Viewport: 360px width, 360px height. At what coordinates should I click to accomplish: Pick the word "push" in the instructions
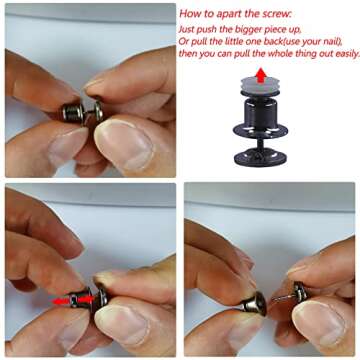[205, 29]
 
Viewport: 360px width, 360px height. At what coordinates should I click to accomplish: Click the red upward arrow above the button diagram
[261, 75]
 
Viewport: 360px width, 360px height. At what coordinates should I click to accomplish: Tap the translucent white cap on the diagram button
[261, 87]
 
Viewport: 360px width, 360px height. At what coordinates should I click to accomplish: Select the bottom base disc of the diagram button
[260, 158]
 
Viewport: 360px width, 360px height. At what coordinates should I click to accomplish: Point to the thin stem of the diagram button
[260, 144]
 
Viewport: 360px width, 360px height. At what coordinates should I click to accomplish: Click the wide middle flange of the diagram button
[260, 130]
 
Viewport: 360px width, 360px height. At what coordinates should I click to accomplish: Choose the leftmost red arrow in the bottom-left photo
[61, 301]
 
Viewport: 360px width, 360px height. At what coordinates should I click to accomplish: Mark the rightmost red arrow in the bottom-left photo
[88, 299]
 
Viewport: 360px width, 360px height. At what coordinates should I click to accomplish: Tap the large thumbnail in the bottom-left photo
[122, 321]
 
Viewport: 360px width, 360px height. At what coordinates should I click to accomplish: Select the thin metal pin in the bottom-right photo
[283, 298]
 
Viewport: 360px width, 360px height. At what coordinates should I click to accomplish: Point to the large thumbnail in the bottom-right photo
[319, 322]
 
